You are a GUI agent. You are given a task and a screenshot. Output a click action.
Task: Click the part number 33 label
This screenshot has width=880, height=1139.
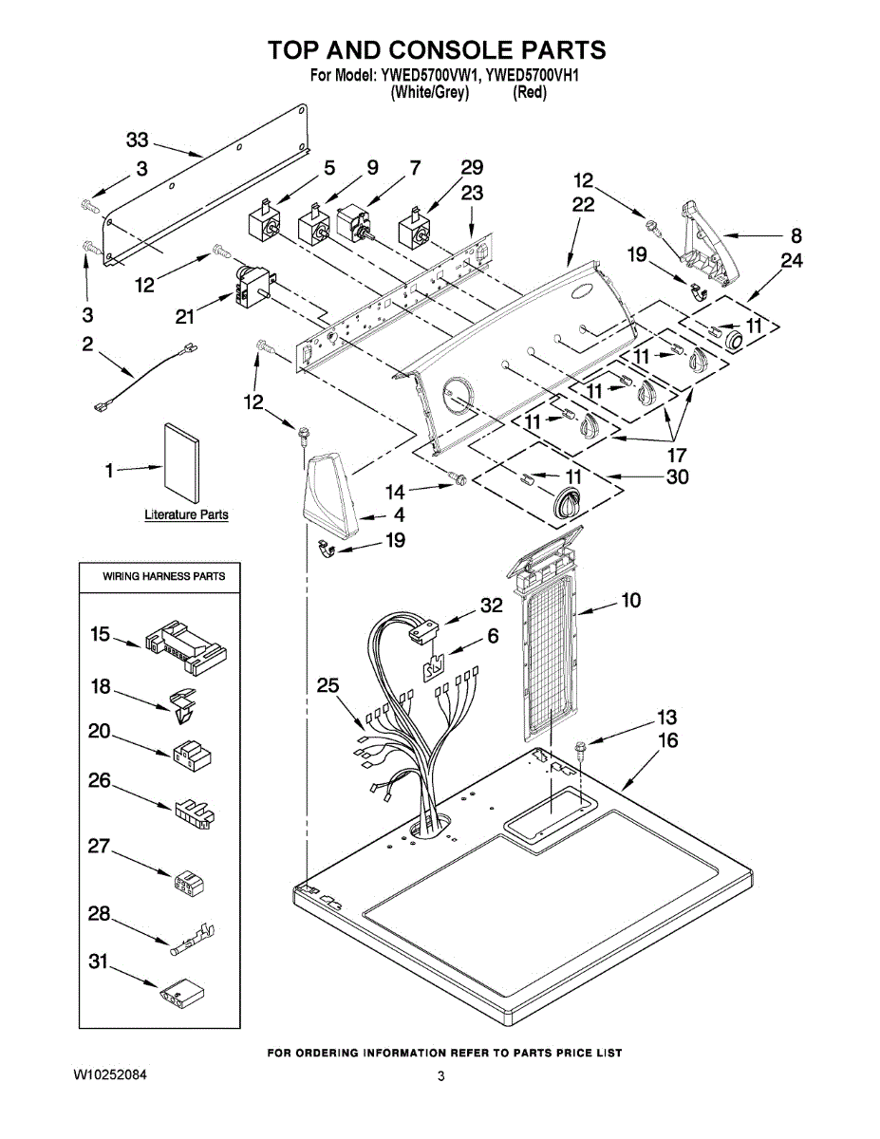138,140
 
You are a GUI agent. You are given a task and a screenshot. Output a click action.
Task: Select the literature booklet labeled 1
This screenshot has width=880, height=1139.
182,462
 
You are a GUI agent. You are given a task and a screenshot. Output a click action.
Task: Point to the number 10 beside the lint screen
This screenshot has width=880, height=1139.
631,600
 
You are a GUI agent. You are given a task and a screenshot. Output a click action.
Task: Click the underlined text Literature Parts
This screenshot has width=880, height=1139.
186,514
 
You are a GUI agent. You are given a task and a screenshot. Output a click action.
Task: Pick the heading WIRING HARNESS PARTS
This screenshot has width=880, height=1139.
163,576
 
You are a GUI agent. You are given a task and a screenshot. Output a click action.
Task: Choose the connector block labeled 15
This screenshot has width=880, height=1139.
184,646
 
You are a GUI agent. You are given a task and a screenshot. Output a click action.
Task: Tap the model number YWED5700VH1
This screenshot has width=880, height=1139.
532,77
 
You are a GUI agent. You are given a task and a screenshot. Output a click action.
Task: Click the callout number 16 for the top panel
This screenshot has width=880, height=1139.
667,740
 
